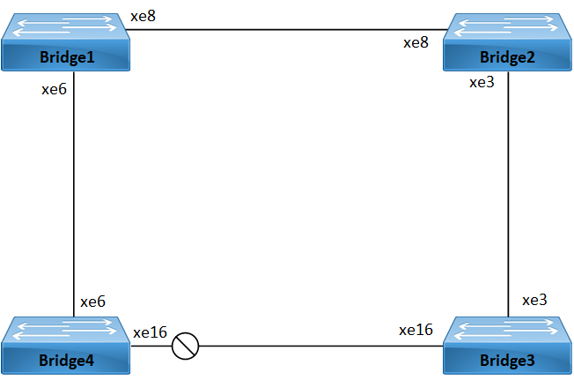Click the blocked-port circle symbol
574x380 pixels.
[185, 346]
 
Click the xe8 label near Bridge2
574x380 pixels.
[416, 42]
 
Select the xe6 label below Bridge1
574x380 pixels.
[55, 90]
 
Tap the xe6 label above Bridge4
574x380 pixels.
[92, 302]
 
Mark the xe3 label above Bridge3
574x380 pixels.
[534, 300]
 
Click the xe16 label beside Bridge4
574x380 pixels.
[150, 332]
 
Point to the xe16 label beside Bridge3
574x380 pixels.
[416, 330]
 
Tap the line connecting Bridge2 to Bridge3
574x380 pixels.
[509, 194]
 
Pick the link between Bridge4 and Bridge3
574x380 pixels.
[317, 346]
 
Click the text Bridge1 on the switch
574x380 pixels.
[66, 57]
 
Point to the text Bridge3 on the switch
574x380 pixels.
[506, 361]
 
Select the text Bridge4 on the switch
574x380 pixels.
[66, 361]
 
